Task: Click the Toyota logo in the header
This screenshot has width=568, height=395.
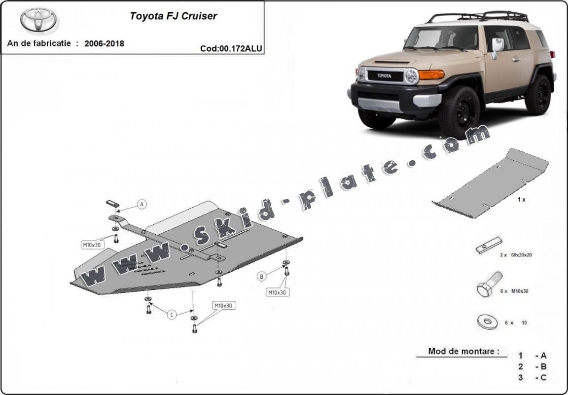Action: point(38,20)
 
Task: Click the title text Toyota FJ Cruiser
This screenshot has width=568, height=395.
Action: point(173,16)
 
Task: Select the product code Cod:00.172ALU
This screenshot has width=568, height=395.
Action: point(231,48)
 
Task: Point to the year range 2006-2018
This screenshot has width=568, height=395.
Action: point(104,43)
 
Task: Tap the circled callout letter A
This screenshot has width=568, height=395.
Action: point(142,204)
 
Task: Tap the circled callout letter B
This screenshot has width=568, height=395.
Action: point(262,277)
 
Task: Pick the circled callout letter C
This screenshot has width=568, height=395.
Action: point(171,315)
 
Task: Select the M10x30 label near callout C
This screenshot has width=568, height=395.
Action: point(223,306)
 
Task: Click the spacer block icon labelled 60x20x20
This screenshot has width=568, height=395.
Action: point(488,245)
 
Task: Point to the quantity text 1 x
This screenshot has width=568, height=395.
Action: point(521,200)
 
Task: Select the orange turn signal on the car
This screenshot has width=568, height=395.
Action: point(431,74)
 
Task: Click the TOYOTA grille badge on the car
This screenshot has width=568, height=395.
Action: point(385,76)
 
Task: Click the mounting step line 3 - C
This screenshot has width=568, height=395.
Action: point(532,378)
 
